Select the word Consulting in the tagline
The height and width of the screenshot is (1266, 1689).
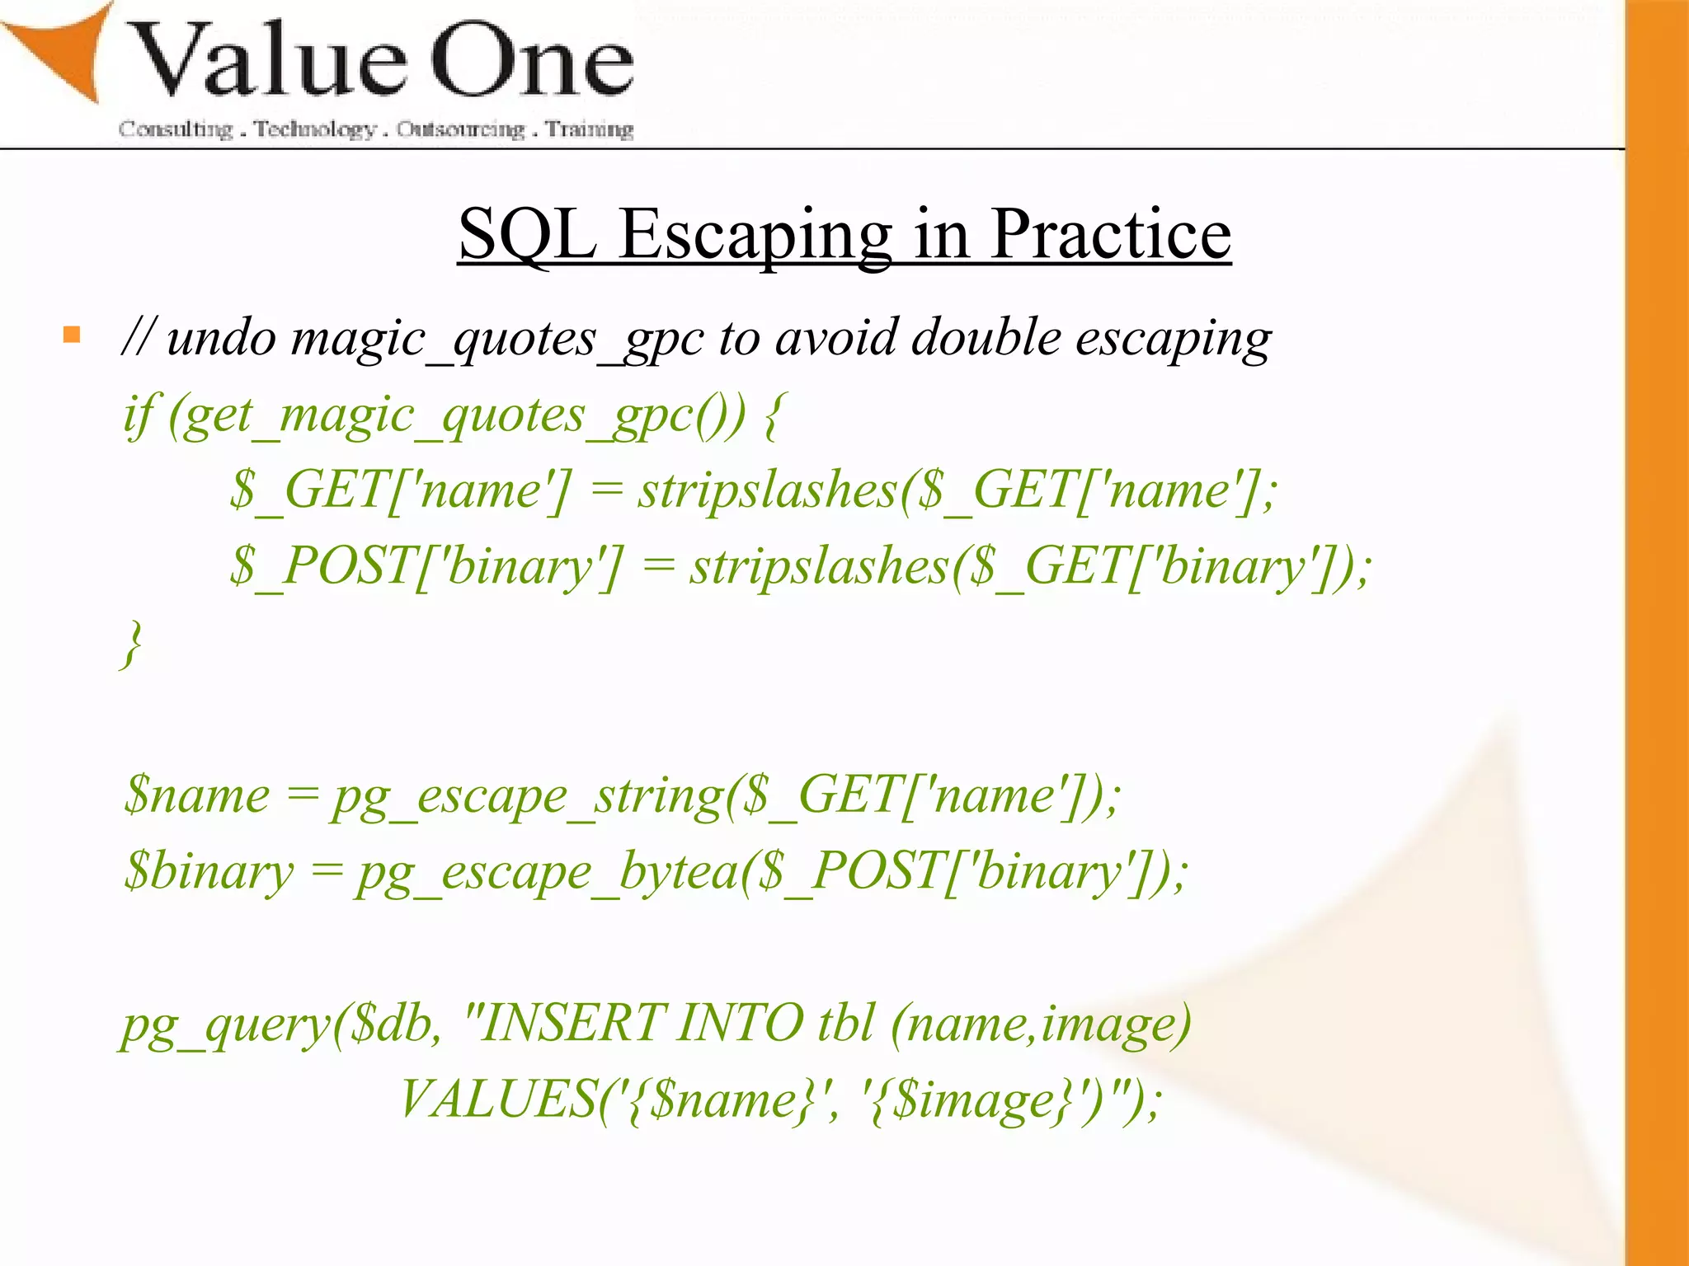pyautogui.click(x=176, y=129)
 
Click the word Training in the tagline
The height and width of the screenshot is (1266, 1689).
pyautogui.click(x=589, y=129)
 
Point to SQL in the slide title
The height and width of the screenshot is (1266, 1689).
pyautogui.click(x=528, y=235)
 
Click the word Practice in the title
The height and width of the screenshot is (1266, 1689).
pyautogui.click(x=1110, y=235)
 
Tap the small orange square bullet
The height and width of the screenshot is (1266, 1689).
pyautogui.click(x=72, y=335)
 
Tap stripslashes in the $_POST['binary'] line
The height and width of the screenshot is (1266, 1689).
pyautogui.click(x=820, y=567)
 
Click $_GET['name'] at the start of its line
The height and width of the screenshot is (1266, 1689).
pyautogui.click(x=400, y=490)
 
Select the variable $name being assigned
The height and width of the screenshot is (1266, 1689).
pyautogui.click(x=196, y=796)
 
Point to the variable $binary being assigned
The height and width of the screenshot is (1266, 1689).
pyautogui.click(x=209, y=872)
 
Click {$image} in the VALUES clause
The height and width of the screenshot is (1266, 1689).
pyautogui.click(x=973, y=1101)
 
